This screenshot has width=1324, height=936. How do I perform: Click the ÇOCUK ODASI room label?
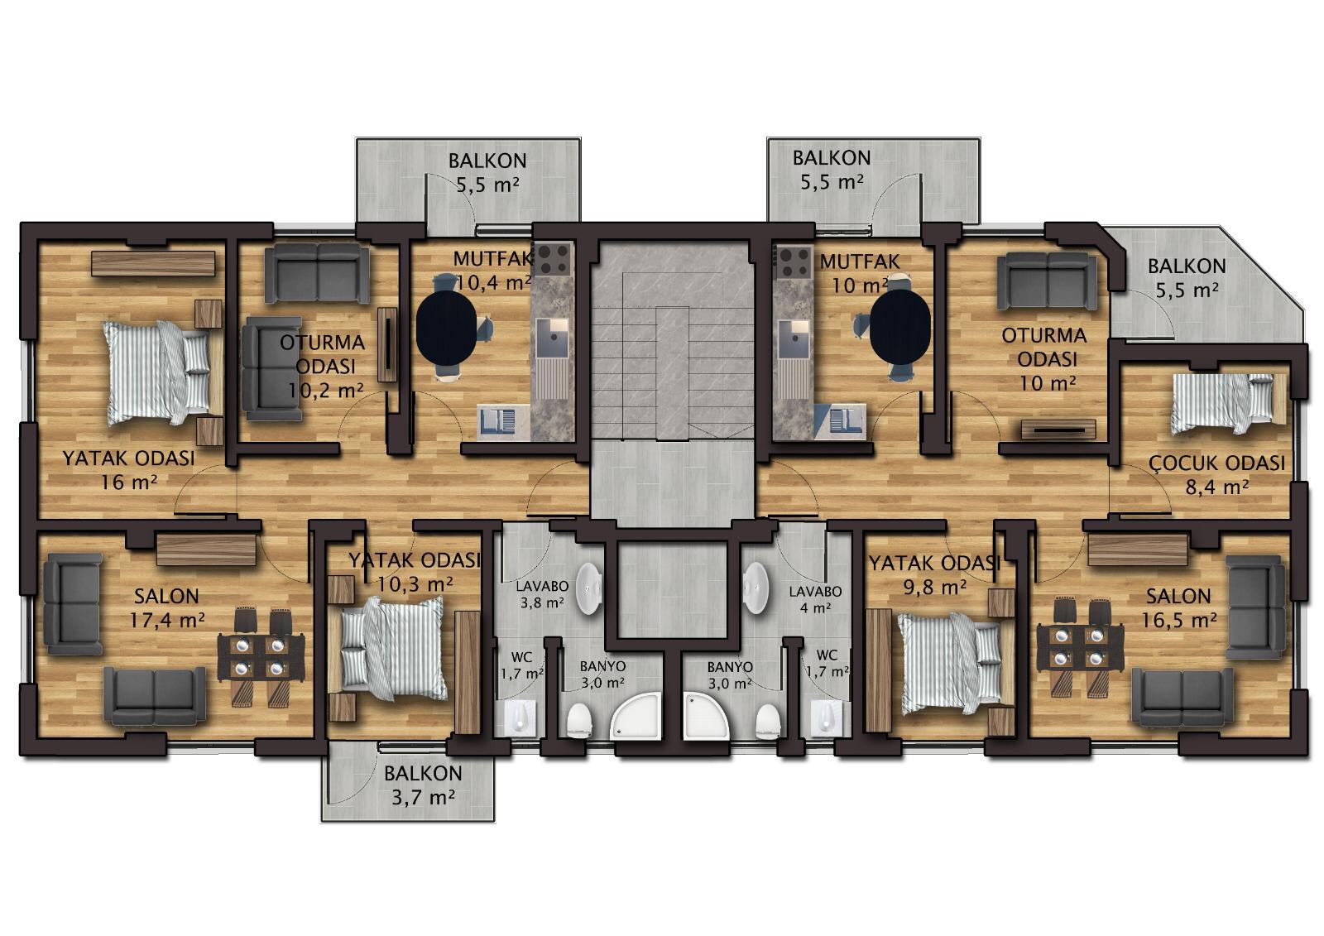[1217, 463]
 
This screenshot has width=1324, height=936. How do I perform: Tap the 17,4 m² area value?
[167, 620]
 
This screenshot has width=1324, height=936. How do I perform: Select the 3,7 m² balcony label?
[423, 798]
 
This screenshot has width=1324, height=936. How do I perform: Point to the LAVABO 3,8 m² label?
[542, 594]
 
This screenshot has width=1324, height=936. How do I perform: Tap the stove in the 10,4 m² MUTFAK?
[554, 259]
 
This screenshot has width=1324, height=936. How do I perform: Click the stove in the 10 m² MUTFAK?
[794, 262]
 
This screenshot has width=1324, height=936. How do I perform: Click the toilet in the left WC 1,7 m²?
[520, 718]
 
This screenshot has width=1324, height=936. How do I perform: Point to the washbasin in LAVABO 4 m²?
[756, 587]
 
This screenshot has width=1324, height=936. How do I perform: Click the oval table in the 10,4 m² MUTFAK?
[446, 326]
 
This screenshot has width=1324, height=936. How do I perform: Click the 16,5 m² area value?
[1178, 620]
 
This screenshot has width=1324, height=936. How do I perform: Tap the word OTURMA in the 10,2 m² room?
[322, 343]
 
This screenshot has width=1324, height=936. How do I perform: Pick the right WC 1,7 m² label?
[827, 664]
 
